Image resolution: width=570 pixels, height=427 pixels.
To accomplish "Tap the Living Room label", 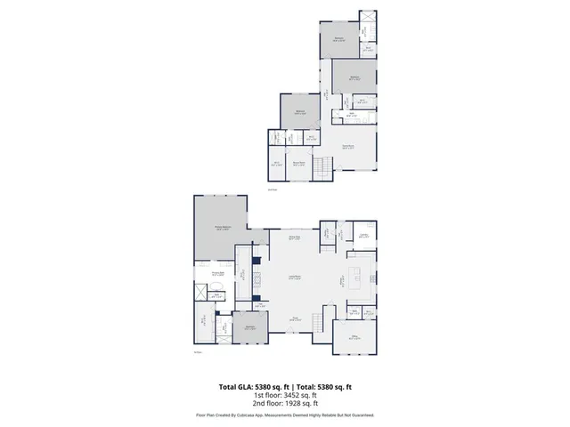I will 291,278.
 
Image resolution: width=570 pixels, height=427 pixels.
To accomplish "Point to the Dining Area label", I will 294,238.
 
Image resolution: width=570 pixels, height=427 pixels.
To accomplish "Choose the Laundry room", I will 363,236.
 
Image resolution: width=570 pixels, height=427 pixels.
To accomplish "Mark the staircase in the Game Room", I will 326,165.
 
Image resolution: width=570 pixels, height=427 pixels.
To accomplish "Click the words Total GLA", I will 236,387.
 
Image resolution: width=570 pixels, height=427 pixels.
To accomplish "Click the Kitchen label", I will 343,278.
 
